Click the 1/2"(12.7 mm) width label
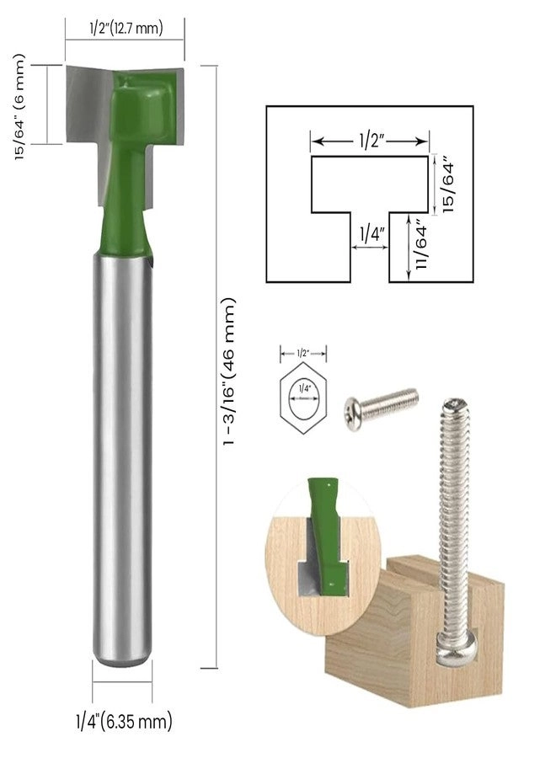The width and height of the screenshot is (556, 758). (x=125, y=28)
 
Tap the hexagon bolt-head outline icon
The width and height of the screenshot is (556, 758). (x=303, y=399)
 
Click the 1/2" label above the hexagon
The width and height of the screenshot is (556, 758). (x=303, y=353)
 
